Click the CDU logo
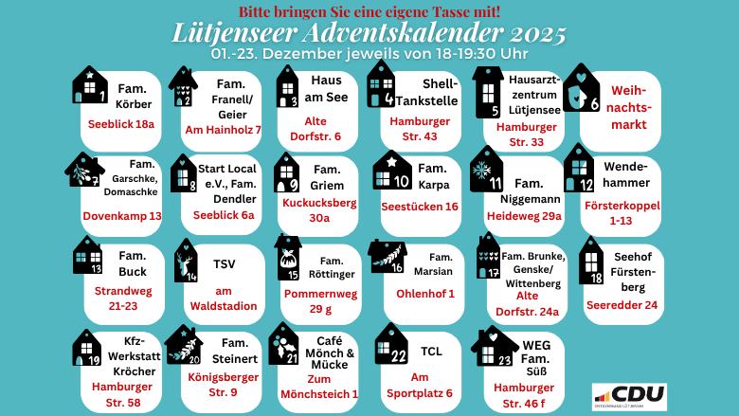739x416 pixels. pyautogui.click(x=629, y=396)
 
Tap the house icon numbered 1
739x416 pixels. pyautogui.click(x=90, y=84)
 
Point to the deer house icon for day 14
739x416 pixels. pyautogui.click(x=187, y=261)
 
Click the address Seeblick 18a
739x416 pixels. pyautogui.click(x=120, y=124)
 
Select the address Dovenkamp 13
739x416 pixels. pyautogui.click(x=122, y=216)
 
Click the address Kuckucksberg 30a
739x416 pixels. pyautogui.click(x=319, y=210)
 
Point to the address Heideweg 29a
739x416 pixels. pyautogui.click(x=524, y=216)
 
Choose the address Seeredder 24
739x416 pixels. pyautogui.click(x=623, y=305)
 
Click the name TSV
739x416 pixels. pyautogui.click(x=225, y=263)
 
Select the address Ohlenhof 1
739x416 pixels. pyautogui.click(x=425, y=294)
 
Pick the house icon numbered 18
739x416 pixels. pyautogui.click(x=590, y=261)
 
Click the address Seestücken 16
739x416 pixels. pyautogui.click(x=419, y=207)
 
